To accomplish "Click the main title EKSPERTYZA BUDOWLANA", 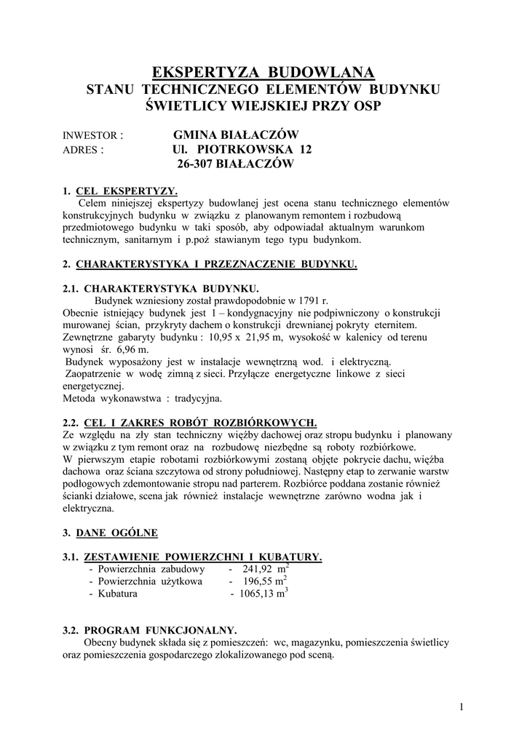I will point(263,72).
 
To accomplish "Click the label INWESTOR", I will point(93,135).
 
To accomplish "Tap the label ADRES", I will point(83,150).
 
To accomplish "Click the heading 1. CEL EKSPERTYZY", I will point(120,191).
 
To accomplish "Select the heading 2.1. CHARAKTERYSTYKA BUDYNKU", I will point(161,288).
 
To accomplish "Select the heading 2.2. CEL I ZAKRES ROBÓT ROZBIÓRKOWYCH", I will point(190,423).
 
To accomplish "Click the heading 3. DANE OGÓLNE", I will point(110,533).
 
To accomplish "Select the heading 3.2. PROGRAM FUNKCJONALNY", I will point(160,630).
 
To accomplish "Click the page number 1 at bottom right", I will point(461,706).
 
